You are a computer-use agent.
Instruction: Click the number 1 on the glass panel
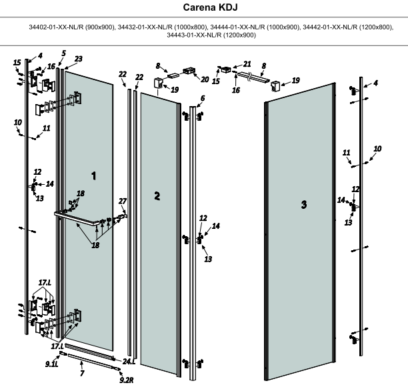94,175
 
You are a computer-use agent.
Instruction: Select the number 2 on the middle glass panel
157,196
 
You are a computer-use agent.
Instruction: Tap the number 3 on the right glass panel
304,205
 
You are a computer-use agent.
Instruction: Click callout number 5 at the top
63,53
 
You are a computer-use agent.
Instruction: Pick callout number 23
78,59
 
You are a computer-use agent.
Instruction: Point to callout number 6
202,98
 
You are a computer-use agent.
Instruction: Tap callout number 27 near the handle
122,201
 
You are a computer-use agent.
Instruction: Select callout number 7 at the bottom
82,374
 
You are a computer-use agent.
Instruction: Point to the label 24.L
129,361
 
